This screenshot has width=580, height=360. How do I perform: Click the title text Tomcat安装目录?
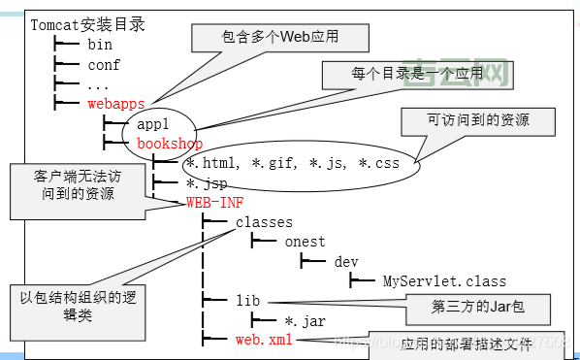coord(88,24)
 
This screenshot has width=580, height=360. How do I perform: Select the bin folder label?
coord(100,45)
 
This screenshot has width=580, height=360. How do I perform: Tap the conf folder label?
coord(104,65)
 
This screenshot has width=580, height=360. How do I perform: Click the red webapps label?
coord(116,102)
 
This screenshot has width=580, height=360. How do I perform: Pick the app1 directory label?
coord(153,124)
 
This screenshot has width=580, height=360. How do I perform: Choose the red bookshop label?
coord(170,144)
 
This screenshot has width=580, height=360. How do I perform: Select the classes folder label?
coord(264,222)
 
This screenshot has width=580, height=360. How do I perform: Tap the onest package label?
coord(305,242)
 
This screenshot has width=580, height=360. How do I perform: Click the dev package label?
coord(345,262)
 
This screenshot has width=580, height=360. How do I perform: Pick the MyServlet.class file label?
coord(444,281)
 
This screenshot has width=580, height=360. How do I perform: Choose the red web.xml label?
coord(263,340)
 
